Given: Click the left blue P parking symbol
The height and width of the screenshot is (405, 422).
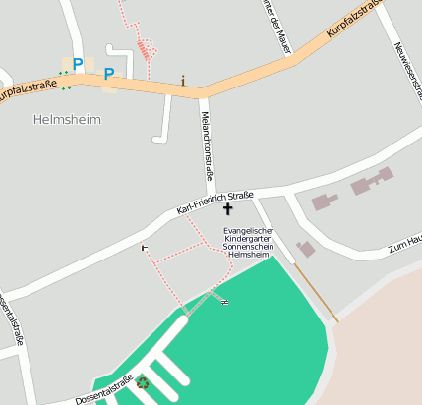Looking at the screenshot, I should (77, 64).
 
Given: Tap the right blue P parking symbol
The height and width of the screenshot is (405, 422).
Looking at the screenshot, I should (109, 73).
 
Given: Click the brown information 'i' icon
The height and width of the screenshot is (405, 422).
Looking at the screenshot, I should (182, 80).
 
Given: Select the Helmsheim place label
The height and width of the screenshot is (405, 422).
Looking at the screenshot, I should (67, 119).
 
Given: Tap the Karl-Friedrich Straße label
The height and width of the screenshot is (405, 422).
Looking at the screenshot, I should (214, 202).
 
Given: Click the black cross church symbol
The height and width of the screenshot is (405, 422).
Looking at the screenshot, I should (228, 208).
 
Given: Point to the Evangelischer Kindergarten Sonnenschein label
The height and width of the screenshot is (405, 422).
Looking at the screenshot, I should (248, 242).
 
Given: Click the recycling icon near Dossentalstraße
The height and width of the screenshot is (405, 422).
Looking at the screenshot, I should (143, 382).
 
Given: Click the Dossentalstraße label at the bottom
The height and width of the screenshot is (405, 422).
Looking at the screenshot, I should (103, 390).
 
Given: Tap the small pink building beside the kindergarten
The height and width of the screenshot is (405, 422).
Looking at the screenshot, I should (306, 249).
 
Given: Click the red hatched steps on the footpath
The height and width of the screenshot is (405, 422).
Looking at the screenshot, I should (146, 46).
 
